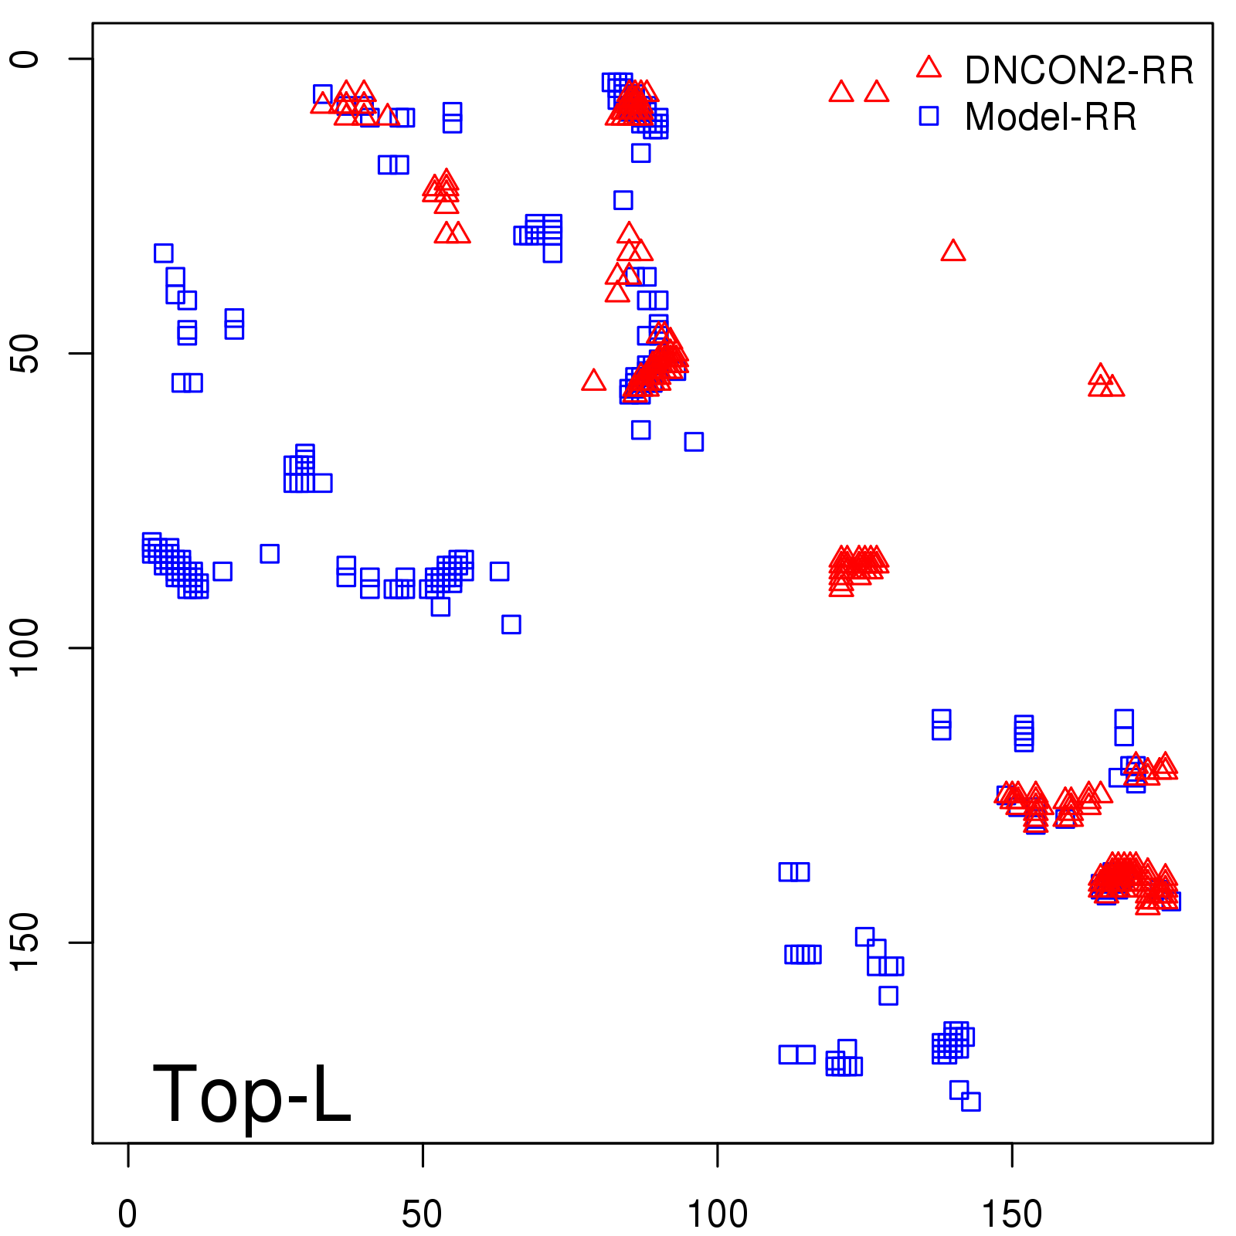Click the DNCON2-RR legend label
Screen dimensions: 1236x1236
(x=1078, y=71)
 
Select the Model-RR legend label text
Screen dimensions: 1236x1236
(x=1051, y=117)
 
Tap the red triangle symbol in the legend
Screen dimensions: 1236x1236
(x=929, y=68)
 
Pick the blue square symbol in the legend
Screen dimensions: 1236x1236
(x=929, y=116)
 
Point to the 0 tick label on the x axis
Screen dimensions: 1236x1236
(x=127, y=1214)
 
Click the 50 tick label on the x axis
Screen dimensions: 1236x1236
(x=422, y=1214)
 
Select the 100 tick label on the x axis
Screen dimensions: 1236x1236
(x=717, y=1214)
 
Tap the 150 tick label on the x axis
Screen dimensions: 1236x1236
(x=1011, y=1214)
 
